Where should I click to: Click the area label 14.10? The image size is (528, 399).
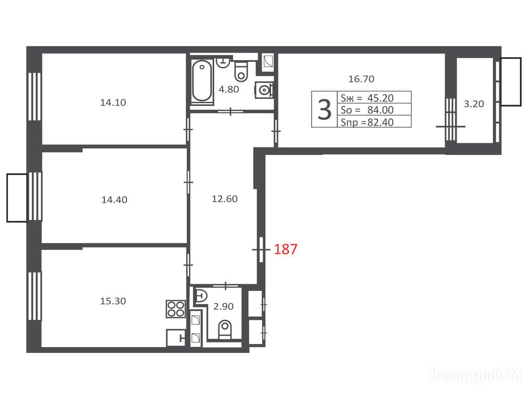click(113, 102)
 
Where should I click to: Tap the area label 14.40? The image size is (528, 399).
click(114, 200)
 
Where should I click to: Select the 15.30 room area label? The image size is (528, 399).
click(113, 301)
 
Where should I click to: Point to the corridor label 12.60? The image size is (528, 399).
click(225, 199)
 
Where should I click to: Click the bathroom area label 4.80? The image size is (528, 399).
click(229, 89)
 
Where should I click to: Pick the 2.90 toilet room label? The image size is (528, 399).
click(224, 307)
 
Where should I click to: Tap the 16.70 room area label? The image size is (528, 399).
click(362, 79)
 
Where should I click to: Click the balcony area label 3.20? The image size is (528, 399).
click(474, 104)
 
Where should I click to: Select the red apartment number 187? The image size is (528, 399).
click(286, 249)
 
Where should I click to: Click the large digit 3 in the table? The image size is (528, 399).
click(324, 110)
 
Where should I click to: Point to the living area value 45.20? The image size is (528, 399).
click(380, 98)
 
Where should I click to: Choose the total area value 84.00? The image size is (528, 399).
click(380, 110)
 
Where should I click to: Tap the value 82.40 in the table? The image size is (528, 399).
click(380, 122)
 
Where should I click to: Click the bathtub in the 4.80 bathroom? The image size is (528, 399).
click(202, 81)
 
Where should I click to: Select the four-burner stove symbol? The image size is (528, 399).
click(176, 309)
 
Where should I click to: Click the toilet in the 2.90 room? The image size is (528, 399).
click(225, 329)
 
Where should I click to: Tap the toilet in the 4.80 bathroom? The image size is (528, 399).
click(241, 71)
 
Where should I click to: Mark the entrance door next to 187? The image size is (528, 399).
click(261, 249)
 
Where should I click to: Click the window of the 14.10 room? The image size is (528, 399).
click(35, 96)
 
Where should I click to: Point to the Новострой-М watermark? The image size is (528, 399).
click(475, 375)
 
